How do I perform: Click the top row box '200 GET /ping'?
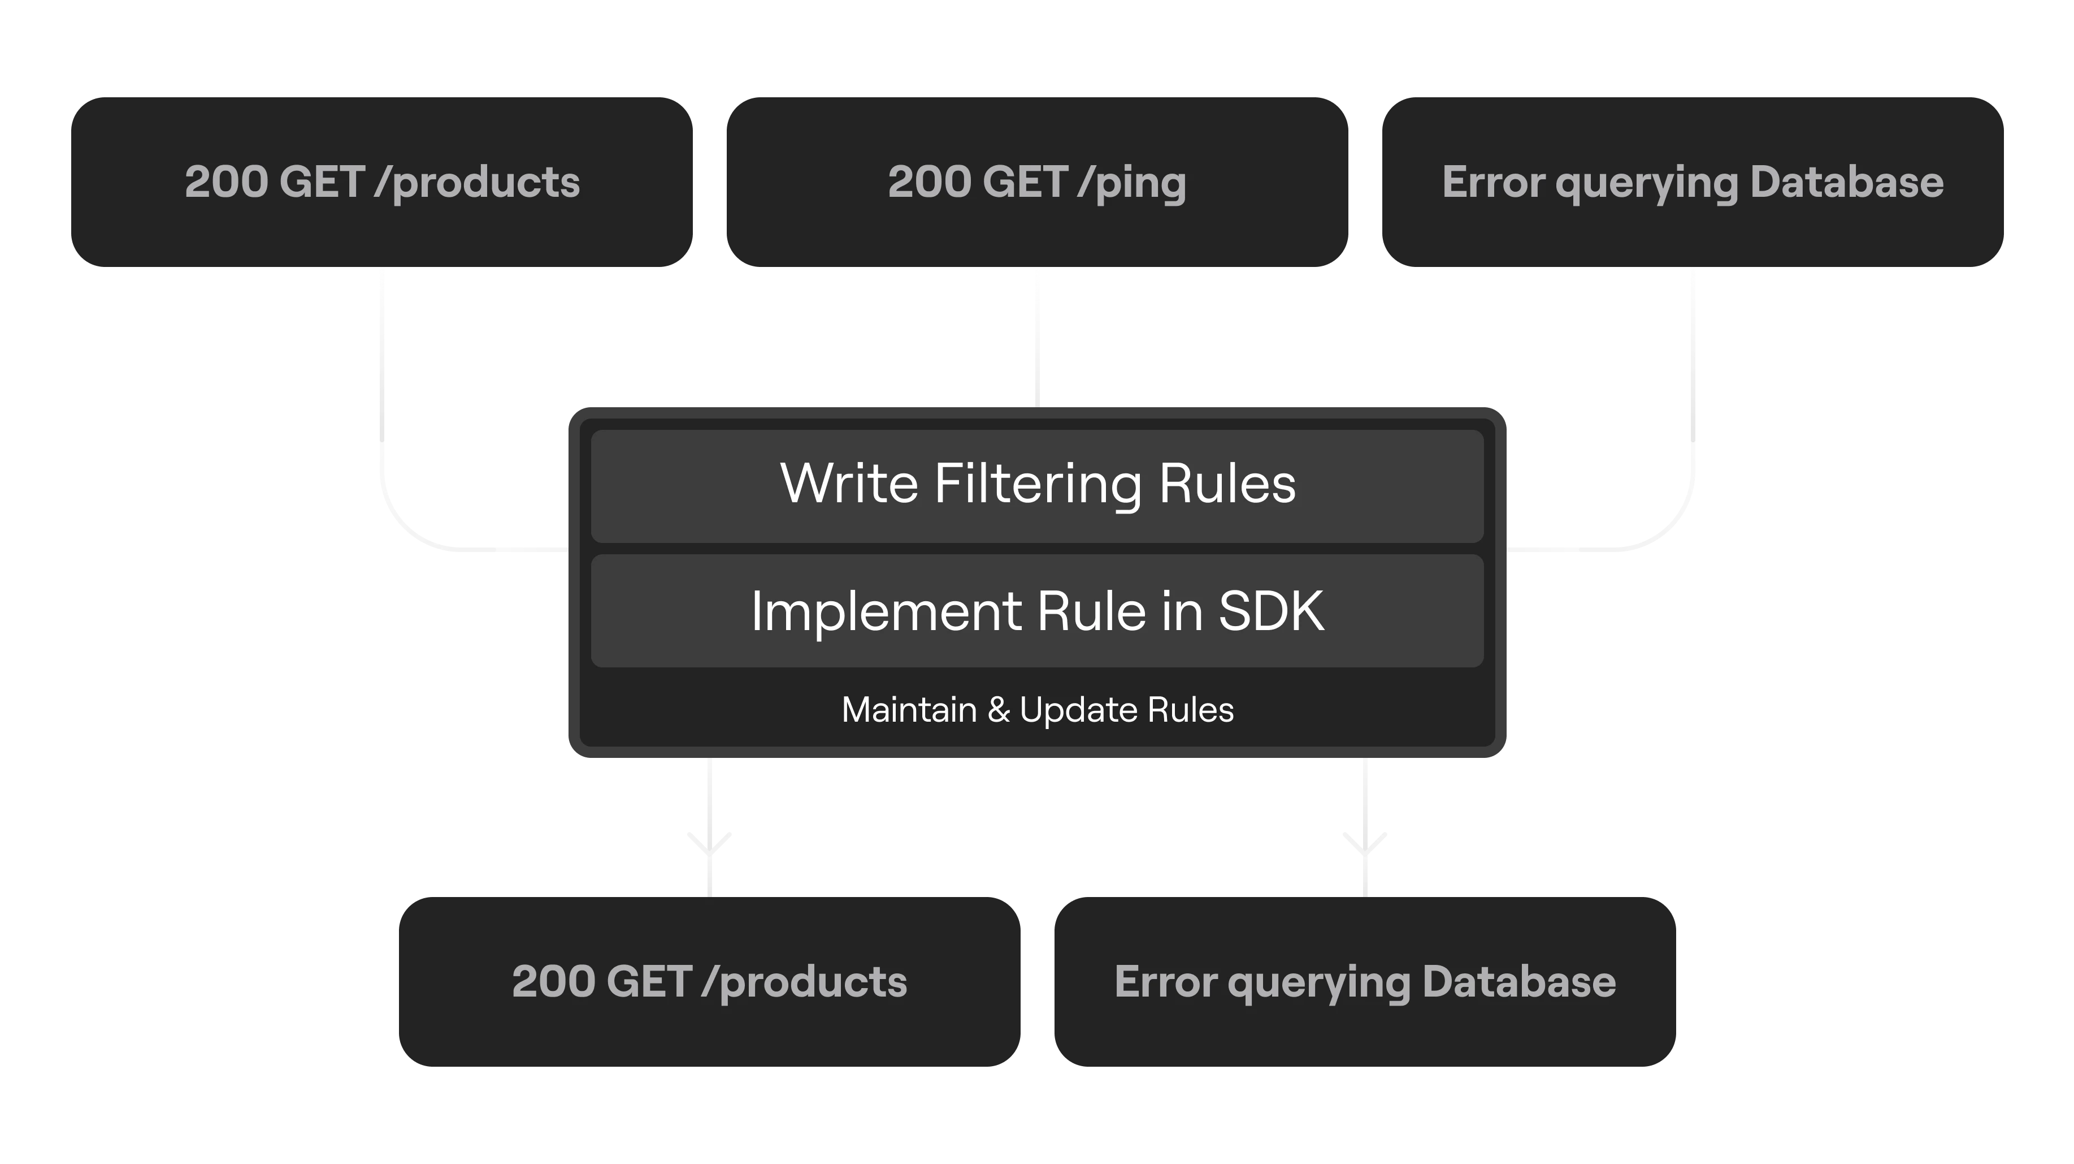1037,182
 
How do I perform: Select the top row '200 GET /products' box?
381,182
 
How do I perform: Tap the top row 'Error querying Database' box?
1693,182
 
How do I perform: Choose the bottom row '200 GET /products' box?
709,982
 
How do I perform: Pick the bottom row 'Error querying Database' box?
1365,982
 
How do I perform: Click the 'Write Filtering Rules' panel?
1037,486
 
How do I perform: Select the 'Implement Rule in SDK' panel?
1037,611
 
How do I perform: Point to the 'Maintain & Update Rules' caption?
1037,710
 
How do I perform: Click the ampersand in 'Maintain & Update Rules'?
999,710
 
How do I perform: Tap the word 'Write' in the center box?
849,484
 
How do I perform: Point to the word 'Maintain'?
909,710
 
